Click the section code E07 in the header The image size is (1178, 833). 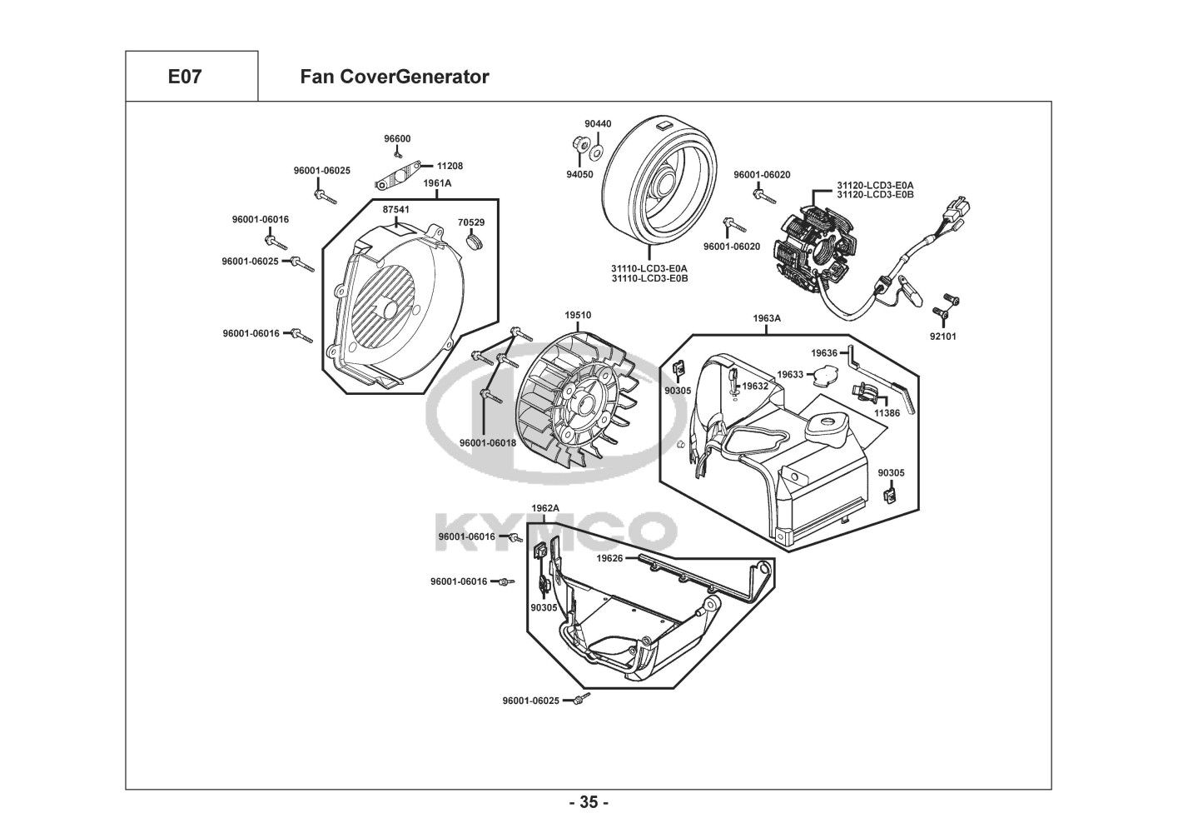[x=185, y=77]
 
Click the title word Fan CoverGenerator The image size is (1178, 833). [x=394, y=77]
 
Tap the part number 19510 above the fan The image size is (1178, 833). [x=578, y=315]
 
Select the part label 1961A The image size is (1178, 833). [x=437, y=183]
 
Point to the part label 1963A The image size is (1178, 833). [x=767, y=318]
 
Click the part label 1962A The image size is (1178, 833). [x=545, y=508]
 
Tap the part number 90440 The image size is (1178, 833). [x=598, y=124]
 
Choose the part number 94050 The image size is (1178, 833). [x=579, y=175]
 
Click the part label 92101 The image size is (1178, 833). [x=943, y=337]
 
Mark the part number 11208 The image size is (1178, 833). [x=450, y=166]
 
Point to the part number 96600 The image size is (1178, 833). [x=397, y=139]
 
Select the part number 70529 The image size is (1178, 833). [x=471, y=222]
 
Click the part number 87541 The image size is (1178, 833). [x=396, y=211]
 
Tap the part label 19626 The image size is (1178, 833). [x=609, y=558]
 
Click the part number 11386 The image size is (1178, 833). [x=887, y=413]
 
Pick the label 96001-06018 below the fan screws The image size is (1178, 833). [x=488, y=443]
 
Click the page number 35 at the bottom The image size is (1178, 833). [x=589, y=803]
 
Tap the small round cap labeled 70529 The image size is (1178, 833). [x=477, y=241]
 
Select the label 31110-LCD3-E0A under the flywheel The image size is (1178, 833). [x=649, y=268]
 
